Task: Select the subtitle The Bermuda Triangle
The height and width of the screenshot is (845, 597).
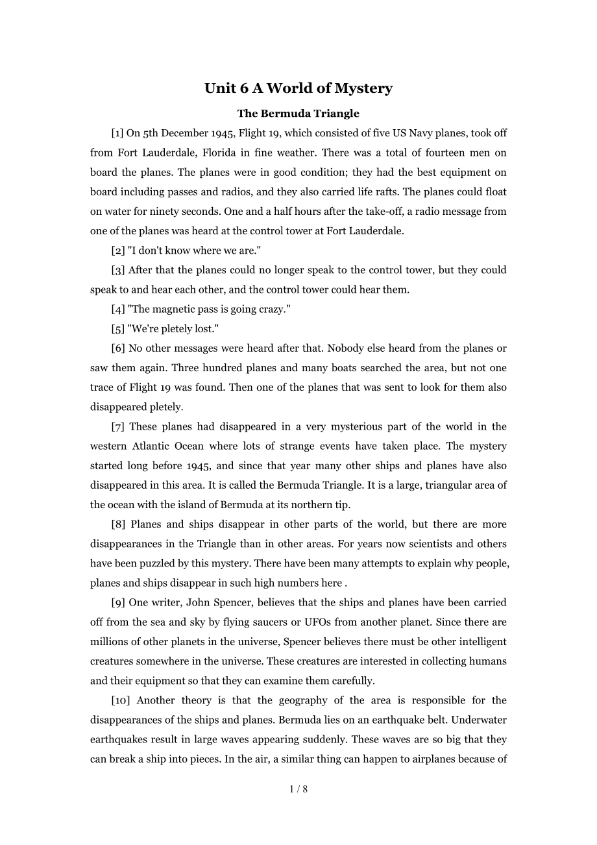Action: [x=298, y=114]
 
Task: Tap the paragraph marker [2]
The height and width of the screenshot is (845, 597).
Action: [x=118, y=251]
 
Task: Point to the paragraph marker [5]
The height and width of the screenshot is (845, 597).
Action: [x=118, y=329]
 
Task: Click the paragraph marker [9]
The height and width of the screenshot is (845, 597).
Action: [x=118, y=602]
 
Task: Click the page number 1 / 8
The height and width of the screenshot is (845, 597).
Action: [x=298, y=790]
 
